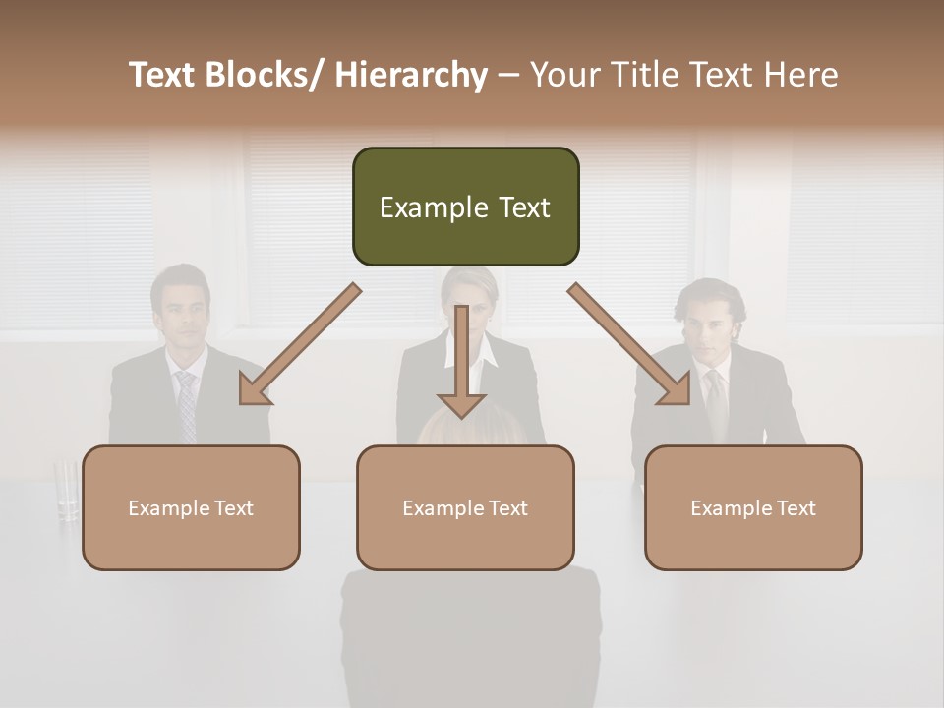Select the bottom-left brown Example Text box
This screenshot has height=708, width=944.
[x=191, y=507]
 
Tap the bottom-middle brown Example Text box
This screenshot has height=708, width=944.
[x=465, y=507]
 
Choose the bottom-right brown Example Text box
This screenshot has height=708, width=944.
[x=753, y=507]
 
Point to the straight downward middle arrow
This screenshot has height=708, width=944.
[x=461, y=364]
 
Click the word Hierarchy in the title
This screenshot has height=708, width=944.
[x=411, y=75]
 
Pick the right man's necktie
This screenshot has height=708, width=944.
[x=717, y=403]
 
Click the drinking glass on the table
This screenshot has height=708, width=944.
[x=67, y=488]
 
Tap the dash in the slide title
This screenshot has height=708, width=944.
[x=508, y=75]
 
